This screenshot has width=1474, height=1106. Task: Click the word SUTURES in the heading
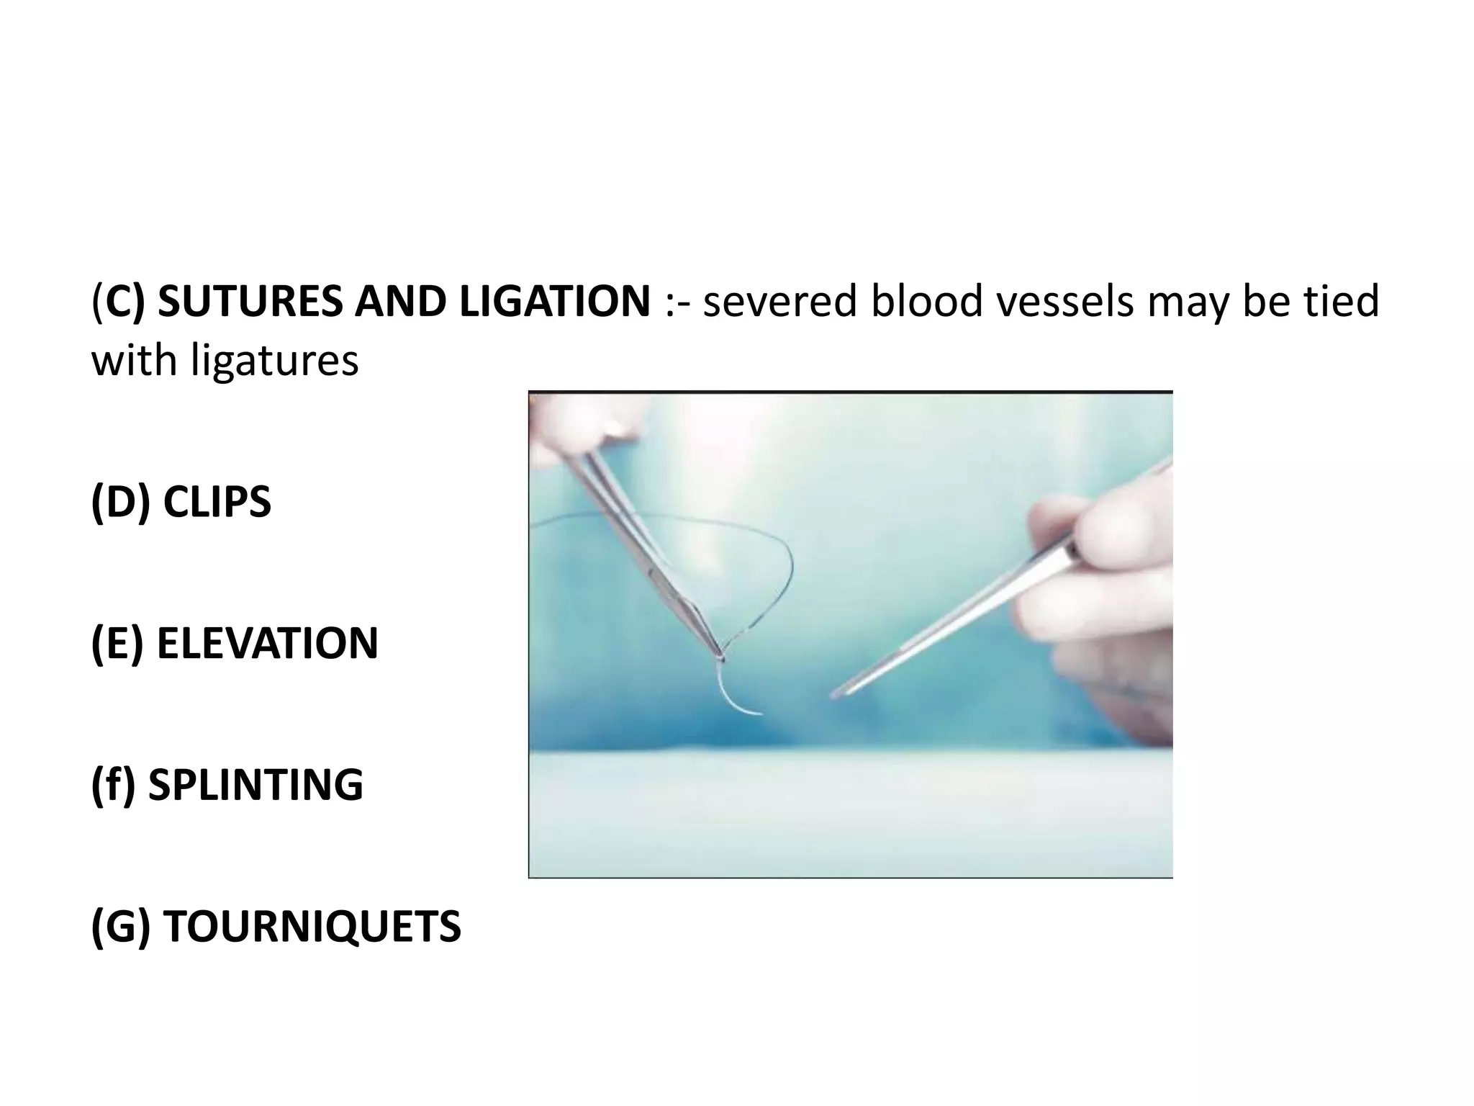[x=252, y=301]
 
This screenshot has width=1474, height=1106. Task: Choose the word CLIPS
[x=217, y=502]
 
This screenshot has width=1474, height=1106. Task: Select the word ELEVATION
[x=267, y=643]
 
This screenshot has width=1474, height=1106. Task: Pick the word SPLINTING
[x=256, y=784]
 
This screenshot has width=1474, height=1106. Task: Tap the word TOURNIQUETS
[x=311, y=926]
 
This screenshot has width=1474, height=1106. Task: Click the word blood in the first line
[x=926, y=301]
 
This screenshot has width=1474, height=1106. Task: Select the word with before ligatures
[x=134, y=361]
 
